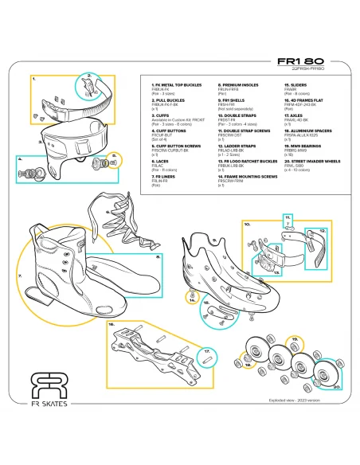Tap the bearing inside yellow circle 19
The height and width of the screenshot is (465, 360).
(295, 346)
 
